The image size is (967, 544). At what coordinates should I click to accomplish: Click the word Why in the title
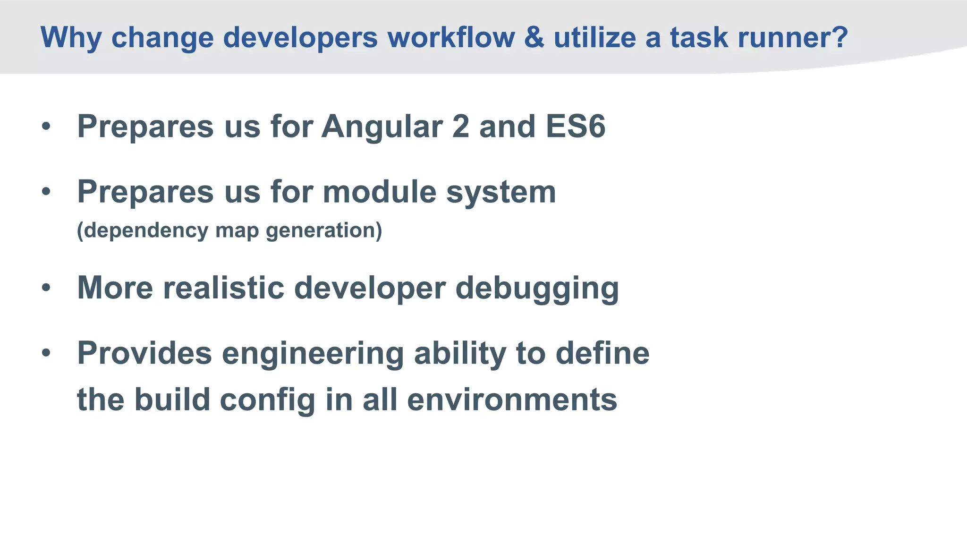pyautogui.click(x=70, y=38)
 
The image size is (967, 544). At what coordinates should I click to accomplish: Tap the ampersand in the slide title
pyautogui.click(x=534, y=37)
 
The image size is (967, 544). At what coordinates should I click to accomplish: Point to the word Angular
pyautogui.click(x=382, y=127)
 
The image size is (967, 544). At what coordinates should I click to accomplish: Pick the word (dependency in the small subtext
pyautogui.click(x=142, y=231)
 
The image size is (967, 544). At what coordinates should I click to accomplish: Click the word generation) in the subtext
pyautogui.click(x=324, y=231)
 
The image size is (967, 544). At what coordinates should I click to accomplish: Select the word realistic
pyautogui.click(x=224, y=288)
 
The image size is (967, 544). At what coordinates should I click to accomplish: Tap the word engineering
pyautogui.click(x=313, y=354)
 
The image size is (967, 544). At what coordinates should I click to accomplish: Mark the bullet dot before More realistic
pyautogui.click(x=46, y=288)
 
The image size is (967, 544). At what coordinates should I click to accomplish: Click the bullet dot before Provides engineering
pyautogui.click(x=46, y=353)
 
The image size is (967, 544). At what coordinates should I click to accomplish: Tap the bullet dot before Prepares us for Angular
pyautogui.click(x=46, y=127)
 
